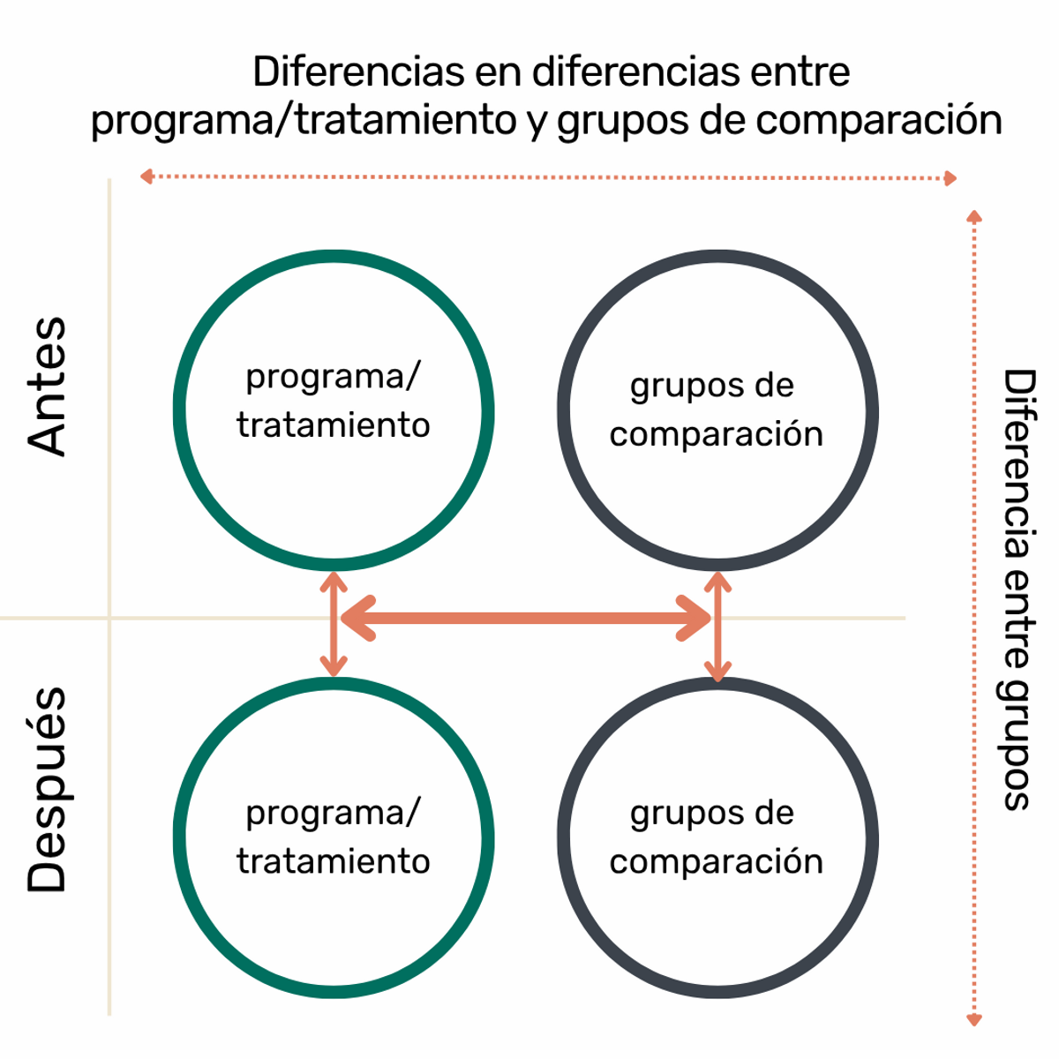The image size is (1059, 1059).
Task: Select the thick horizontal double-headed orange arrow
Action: [526, 618]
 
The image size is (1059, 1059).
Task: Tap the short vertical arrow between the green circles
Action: [334, 624]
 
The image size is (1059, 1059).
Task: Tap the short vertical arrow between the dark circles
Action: [717, 627]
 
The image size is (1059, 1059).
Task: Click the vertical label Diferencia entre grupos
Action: [1018, 589]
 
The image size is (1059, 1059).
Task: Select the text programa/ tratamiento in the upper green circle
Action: [334, 401]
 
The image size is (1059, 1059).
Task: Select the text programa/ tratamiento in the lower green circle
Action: [334, 837]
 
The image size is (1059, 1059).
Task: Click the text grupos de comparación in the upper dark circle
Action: [716, 409]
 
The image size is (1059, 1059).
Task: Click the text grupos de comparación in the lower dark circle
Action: [716, 837]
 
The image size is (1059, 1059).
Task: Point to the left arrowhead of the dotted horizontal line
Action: [146, 176]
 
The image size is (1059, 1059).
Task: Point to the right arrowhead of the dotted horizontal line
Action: [950, 178]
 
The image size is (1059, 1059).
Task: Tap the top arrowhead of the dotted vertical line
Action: [974, 216]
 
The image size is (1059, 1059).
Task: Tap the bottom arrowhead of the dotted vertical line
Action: [974, 1020]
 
